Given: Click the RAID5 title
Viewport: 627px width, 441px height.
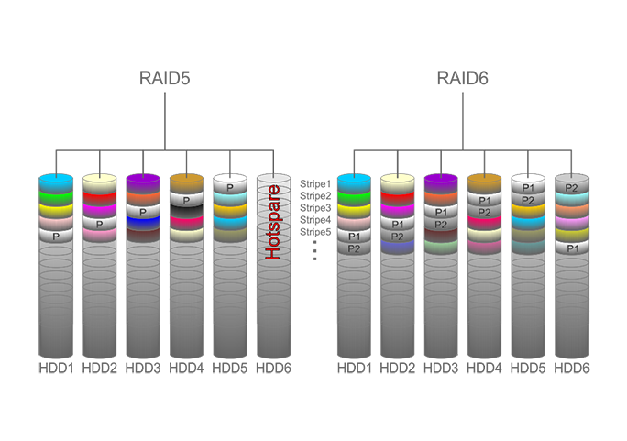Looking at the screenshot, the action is [164, 78].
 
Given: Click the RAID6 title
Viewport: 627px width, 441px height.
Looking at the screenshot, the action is [463, 78].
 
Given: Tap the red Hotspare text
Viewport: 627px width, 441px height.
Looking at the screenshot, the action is [273, 222].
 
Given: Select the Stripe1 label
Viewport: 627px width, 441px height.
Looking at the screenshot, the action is [315, 184].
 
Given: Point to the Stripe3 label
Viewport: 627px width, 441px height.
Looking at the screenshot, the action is [315, 208].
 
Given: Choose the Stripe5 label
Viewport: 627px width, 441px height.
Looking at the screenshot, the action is [315, 232].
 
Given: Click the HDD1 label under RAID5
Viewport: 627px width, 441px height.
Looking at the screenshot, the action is [57, 369].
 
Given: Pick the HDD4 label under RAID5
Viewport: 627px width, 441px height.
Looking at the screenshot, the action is [186, 369].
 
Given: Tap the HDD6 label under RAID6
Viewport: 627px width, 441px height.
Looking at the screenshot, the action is [572, 369].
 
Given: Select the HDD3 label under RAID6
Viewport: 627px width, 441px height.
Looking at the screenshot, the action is [441, 369].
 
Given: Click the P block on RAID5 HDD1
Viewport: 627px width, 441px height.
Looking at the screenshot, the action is [56, 236].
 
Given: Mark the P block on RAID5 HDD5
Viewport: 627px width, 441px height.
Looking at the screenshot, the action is [230, 187].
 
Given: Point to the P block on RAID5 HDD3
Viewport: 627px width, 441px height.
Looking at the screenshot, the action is [143, 212].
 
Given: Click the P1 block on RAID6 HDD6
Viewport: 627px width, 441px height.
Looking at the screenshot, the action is [572, 248].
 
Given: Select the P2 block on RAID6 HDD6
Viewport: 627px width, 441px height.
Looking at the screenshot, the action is [572, 187].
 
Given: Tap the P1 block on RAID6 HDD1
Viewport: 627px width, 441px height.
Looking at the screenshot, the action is [354, 236].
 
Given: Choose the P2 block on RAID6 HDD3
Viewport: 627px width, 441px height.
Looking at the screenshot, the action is [441, 224].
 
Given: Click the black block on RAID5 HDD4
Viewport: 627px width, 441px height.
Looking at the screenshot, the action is [186, 211].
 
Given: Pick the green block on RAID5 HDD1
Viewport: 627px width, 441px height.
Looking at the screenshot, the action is [56, 198].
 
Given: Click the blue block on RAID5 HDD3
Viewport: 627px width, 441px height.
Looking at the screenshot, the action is [143, 223].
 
